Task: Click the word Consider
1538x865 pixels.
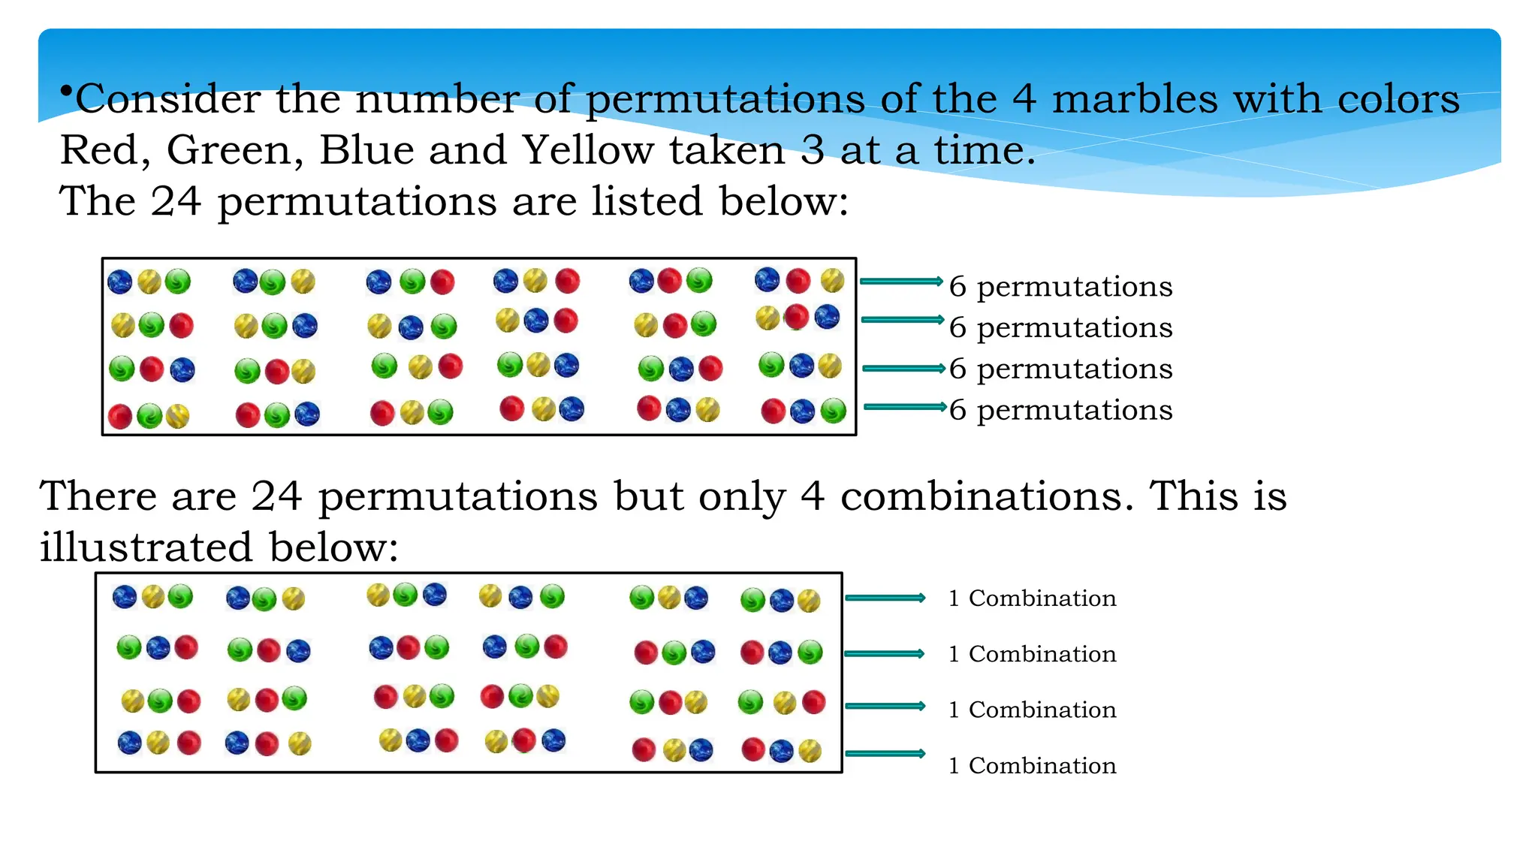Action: tap(167, 98)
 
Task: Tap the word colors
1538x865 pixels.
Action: tap(1398, 98)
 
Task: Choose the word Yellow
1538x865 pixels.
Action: tap(588, 149)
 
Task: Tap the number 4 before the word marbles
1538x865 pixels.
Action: tap(1024, 98)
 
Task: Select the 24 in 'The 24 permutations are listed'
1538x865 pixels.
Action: tap(176, 200)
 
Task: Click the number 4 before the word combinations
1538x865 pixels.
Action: tap(813, 496)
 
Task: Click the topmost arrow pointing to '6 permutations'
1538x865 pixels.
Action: tap(900, 282)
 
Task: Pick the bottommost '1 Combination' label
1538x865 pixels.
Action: tap(1032, 765)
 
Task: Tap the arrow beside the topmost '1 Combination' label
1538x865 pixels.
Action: tap(885, 598)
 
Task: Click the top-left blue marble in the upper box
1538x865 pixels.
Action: tap(120, 282)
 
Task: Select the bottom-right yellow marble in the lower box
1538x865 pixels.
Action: tap(810, 751)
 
